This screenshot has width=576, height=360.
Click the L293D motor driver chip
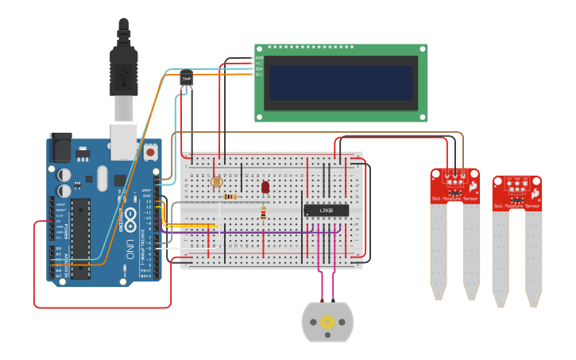326,210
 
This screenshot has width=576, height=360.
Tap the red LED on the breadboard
265,188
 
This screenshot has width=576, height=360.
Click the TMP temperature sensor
187,79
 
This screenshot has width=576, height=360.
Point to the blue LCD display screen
341,83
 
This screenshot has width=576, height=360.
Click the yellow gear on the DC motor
327,322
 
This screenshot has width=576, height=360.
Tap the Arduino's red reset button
150,151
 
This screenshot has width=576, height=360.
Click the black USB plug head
123,68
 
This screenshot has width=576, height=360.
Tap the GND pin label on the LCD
259,58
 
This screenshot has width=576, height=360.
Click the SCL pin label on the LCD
259,75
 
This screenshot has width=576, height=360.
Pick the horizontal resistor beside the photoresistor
231,196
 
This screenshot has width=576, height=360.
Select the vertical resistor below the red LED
264,212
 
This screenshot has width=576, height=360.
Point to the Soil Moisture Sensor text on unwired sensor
517,206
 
